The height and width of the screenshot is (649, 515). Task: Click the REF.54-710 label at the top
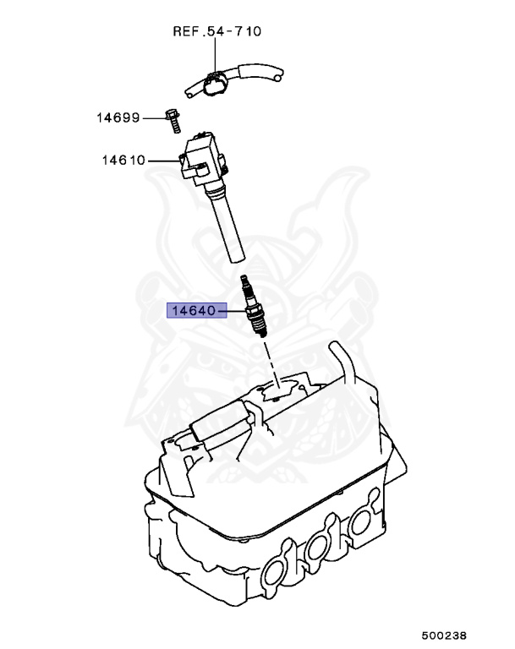coord(216,32)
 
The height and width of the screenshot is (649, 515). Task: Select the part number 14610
coord(124,159)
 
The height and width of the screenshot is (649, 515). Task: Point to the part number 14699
coord(118,117)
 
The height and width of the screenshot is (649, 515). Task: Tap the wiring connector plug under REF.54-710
coord(213,84)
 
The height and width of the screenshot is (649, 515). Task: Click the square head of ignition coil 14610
coord(204,156)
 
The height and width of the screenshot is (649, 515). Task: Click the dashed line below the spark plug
coord(270,359)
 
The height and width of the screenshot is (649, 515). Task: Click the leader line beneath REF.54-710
coord(216,55)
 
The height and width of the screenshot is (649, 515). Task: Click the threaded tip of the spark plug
coord(260,331)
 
